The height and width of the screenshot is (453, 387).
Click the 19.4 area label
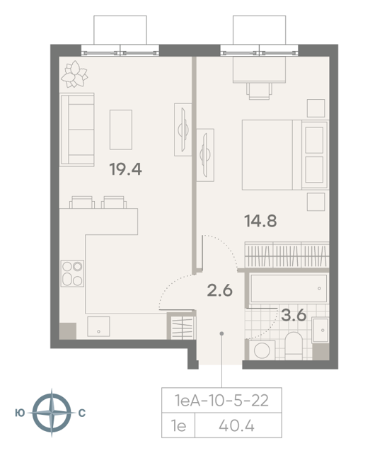pyautogui.click(x=126, y=169)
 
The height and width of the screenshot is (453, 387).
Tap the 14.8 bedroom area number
pyautogui.click(x=260, y=221)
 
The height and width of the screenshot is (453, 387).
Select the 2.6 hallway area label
pyautogui.click(x=220, y=290)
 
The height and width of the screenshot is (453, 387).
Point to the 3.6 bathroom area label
pyautogui.click(x=294, y=315)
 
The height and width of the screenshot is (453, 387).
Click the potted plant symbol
pyautogui.click(x=74, y=74)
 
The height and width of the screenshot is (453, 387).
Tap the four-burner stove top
pyautogui.click(x=72, y=273)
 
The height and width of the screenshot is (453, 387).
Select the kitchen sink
pyautogui.click(x=98, y=326)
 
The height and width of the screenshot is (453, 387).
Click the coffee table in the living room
pyautogui.click(x=121, y=130)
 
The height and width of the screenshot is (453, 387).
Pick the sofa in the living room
pyautogui.click(x=77, y=130)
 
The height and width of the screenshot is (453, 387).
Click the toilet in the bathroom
pyautogui.click(x=294, y=345)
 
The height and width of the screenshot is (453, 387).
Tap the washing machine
pyautogui.click(x=262, y=350)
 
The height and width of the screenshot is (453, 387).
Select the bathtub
pyautogui.click(x=289, y=288)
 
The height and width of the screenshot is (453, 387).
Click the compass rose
pyautogui.click(x=52, y=413)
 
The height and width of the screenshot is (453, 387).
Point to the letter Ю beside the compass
pyautogui.click(x=20, y=413)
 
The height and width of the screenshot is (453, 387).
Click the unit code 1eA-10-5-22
pyautogui.click(x=221, y=401)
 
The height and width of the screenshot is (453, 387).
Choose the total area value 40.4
pyautogui.click(x=236, y=426)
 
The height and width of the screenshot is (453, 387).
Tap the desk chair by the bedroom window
pyautogui.click(x=259, y=91)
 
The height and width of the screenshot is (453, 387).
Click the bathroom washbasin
pyautogui.click(x=320, y=331)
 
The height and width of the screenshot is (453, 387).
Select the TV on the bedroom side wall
pyautogui.click(x=206, y=155)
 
